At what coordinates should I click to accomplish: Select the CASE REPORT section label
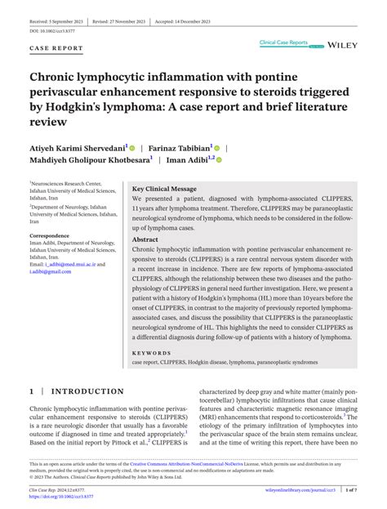click(56, 48)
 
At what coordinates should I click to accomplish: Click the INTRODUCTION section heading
click(88, 391)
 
